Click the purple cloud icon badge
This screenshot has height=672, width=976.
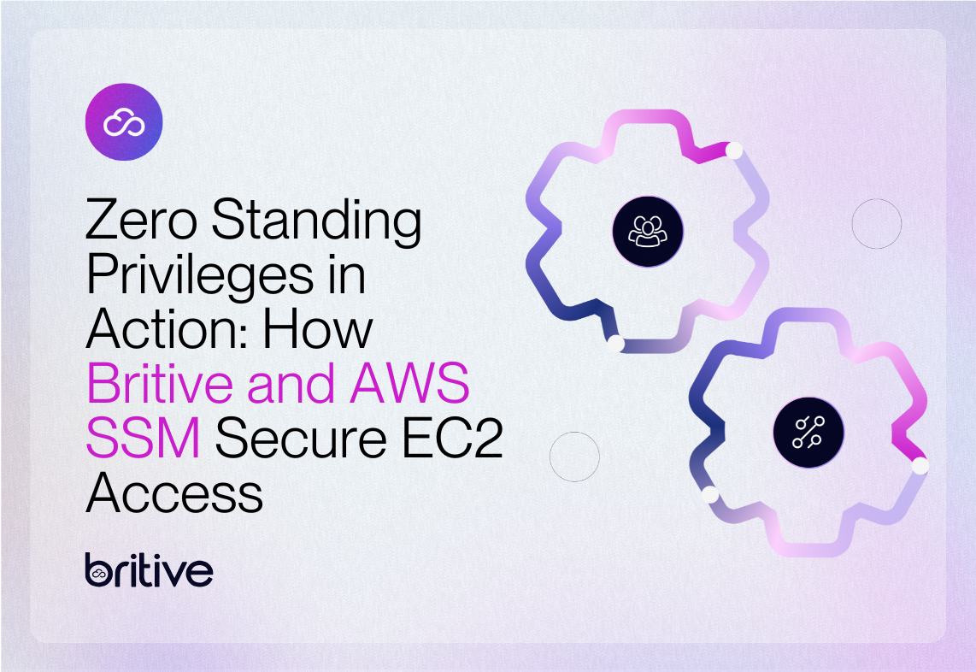124,122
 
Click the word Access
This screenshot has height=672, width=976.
174,492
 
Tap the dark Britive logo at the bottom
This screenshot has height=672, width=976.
149,570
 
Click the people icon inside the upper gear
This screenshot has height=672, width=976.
648,229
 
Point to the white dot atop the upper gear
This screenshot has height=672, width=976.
732,150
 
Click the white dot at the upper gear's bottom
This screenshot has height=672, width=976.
614,344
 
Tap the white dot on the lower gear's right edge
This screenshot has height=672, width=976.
920,466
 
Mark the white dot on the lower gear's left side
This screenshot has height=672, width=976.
708,494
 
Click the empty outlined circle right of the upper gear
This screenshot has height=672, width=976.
877,223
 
